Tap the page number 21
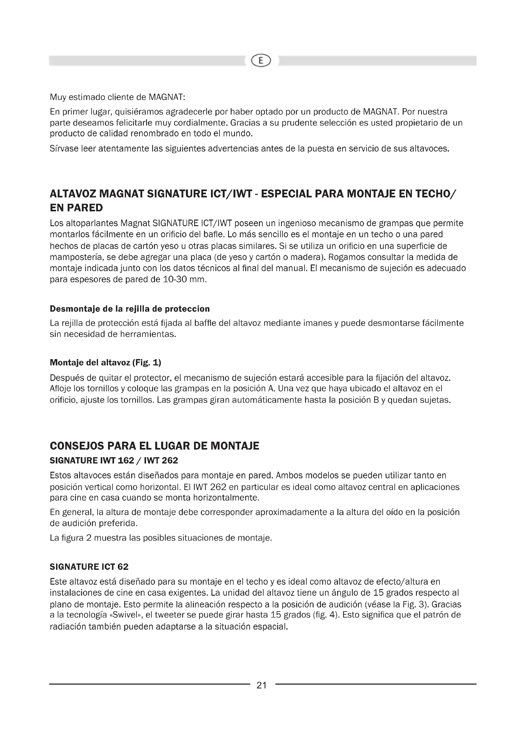261,685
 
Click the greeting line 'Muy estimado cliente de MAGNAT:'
118,97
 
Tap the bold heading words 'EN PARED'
76,208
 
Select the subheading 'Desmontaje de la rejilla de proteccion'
130,309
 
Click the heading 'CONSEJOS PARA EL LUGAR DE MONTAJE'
154,446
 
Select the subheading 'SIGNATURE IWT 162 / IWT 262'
114,460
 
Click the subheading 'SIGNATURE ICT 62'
89,567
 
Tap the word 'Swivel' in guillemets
125,615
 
